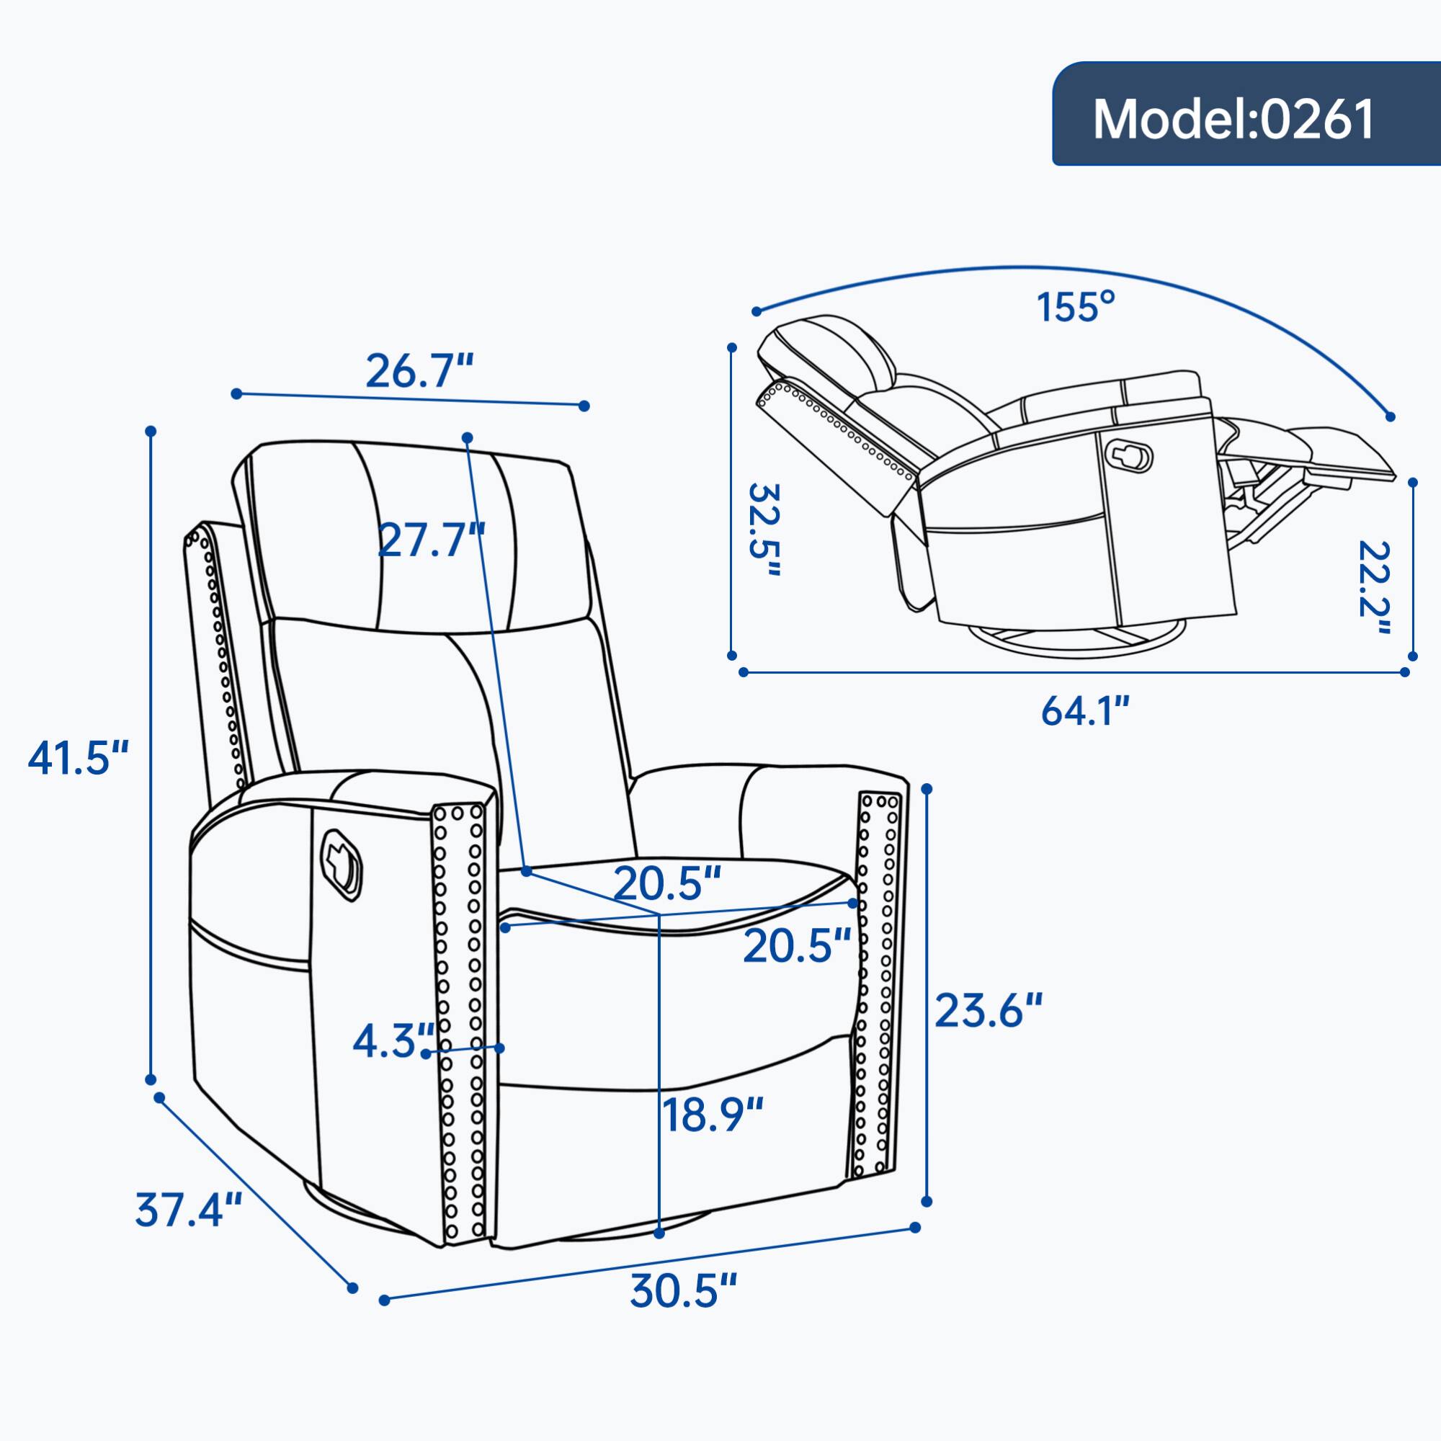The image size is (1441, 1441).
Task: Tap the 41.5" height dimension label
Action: click(x=79, y=757)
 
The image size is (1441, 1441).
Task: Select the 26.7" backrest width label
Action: click(x=419, y=370)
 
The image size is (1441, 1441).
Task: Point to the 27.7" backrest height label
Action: click(x=431, y=539)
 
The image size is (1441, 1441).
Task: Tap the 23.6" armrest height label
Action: click(x=989, y=1011)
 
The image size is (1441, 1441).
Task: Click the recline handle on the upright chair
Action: click(x=341, y=861)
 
